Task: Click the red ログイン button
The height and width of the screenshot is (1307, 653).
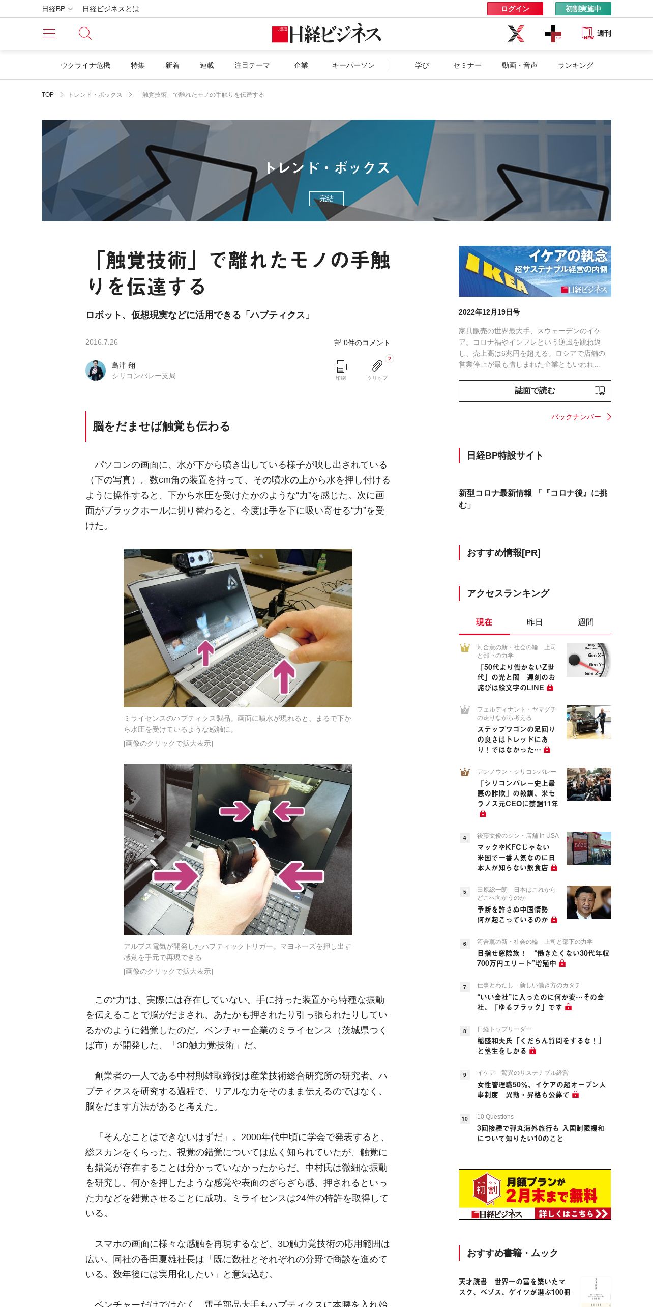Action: (x=515, y=9)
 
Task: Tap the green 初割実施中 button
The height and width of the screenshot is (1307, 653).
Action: (x=583, y=9)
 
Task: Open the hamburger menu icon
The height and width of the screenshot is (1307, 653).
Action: (x=49, y=33)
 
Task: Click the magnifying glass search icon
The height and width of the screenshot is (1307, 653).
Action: (x=85, y=33)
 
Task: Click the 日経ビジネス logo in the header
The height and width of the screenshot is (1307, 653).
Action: (x=326, y=34)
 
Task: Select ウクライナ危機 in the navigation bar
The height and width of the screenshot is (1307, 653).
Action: (x=85, y=65)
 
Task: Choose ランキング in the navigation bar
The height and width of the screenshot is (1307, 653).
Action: (x=575, y=65)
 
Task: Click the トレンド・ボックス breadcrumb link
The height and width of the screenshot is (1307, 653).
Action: (x=95, y=95)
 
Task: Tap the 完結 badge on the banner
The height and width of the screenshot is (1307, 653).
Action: (x=326, y=198)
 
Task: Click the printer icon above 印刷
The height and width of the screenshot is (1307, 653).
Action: (x=341, y=366)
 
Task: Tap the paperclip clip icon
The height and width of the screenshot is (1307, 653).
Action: (x=377, y=365)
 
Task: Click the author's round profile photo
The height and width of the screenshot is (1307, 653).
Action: (x=96, y=371)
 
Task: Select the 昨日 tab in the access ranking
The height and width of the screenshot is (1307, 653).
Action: (x=535, y=622)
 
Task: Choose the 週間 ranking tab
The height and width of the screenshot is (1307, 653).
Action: (x=585, y=622)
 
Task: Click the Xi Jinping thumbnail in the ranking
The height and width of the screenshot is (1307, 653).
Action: (x=589, y=902)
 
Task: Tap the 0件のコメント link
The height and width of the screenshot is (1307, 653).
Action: (x=362, y=343)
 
